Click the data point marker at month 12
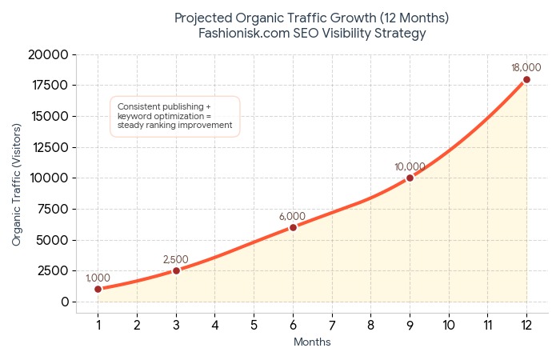click(526, 79)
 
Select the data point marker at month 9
click(410, 178)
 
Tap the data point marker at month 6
click(293, 227)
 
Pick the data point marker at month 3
click(176, 270)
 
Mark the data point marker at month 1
click(98, 289)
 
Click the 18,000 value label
click(526, 68)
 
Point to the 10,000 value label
click(410, 166)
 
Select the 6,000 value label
click(293, 216)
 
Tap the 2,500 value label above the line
click(176, 259)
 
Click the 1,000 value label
click(98, 278)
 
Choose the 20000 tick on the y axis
click(49, 54)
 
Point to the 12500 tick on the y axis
click(49, 147)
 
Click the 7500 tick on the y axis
click(53, 209)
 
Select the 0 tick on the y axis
click(65, 302)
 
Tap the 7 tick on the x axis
click(332, 325)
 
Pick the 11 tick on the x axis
click(487, 325)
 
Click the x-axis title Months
click(312, 342)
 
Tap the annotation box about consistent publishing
click(174, 116)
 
